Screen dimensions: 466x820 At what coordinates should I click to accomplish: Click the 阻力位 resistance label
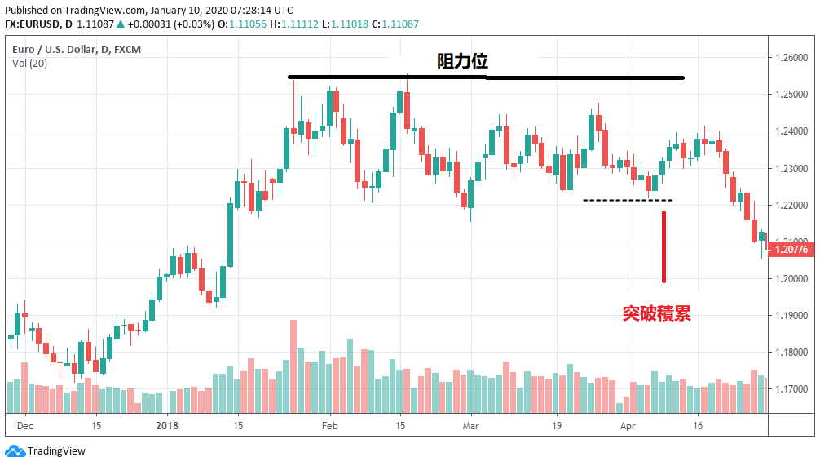click(462, 62)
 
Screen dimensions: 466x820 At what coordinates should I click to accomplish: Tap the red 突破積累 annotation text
click(656, 313)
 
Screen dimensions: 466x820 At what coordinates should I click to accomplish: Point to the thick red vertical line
click(664, 247)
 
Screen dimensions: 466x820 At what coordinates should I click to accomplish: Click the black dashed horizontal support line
click(628, 200)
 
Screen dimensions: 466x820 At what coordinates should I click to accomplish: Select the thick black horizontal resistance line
click(486, 78)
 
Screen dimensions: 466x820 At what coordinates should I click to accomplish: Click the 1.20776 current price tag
click(791, 250)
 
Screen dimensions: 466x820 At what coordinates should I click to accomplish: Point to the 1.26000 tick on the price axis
click(791, 58)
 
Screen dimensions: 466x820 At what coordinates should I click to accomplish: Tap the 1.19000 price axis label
click(791, 316)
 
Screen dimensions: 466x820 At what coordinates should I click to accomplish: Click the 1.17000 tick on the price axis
click(791, 389)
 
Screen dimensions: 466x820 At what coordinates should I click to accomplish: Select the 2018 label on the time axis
click(167, 425)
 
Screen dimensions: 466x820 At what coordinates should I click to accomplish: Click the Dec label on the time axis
click(25, 425)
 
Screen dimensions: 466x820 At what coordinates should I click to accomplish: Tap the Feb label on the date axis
click(330, 425)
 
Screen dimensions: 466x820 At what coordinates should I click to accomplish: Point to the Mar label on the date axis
click(471, 425)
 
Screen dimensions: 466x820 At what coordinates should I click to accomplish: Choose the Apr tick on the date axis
click(628, 425)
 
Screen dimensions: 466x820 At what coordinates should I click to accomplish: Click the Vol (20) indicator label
click(29, 64)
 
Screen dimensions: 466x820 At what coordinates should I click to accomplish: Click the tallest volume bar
click(293, 366)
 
